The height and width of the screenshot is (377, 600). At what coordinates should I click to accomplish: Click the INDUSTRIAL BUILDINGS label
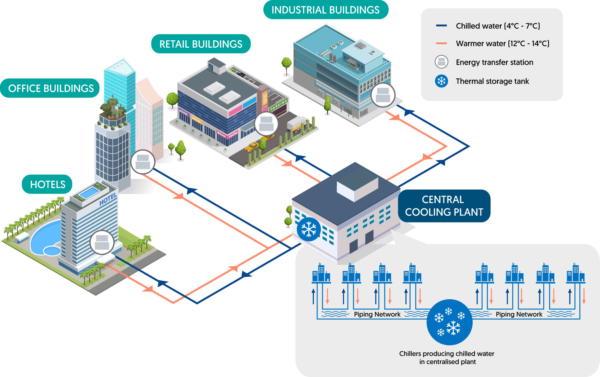pos(325,10)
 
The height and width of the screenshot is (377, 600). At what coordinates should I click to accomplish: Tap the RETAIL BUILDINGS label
pos(201,44)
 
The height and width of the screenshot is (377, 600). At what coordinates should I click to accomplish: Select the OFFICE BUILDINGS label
pos(51,88)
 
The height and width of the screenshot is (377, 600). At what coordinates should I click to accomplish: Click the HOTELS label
pos(47,185)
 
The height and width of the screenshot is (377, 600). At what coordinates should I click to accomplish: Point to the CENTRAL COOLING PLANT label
pos(444,206)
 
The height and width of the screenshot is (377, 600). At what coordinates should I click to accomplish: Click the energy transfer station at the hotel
pos(102,242)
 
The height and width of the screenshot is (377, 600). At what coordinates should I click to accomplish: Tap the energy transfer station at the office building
pos(143,162)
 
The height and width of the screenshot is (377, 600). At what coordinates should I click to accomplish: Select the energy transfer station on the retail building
pos(266,124)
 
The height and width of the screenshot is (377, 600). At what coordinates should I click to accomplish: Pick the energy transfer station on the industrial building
pos(383,95)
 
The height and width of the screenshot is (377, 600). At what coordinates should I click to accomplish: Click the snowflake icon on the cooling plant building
pos(308,229)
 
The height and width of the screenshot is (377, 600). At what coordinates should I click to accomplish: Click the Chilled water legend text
pos(498,26)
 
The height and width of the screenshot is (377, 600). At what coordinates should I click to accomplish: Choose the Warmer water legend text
pos(503,44)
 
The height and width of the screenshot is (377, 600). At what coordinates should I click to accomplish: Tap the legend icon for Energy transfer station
pos(441,62)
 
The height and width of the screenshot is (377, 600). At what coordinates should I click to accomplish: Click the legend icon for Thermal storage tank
pos(441,81)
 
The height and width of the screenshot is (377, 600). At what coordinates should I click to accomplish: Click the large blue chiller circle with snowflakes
pos(449,322)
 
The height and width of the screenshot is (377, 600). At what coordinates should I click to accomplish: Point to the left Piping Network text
pos(377,314)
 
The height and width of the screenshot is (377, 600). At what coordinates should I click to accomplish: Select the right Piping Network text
pos(519,314)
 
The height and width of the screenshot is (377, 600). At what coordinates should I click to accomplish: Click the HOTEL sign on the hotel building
pos(108,200)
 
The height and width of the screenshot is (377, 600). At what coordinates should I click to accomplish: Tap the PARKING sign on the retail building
pos(278,105)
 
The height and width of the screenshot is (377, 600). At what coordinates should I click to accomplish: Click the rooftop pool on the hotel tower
pos(89,193)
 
